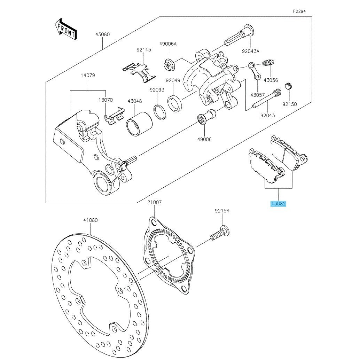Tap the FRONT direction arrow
(66, 29)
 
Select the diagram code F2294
(299, 11)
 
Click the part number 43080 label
(102, 34)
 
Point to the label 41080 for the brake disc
(90, 220)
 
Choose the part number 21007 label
(154, 202)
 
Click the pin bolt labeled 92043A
(240, 35)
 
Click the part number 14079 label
(88, 75)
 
